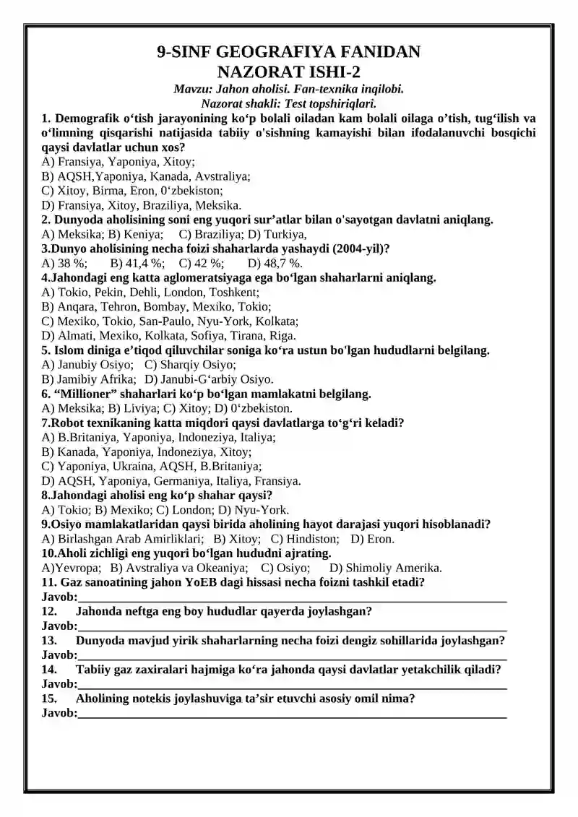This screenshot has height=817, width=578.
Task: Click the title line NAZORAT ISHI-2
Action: pos(288,72)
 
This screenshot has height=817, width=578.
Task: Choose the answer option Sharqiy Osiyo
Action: pos(190,365)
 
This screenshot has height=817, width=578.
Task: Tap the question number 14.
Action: pos(49,670)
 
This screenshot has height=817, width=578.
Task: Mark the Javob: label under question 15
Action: pos(59,713)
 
